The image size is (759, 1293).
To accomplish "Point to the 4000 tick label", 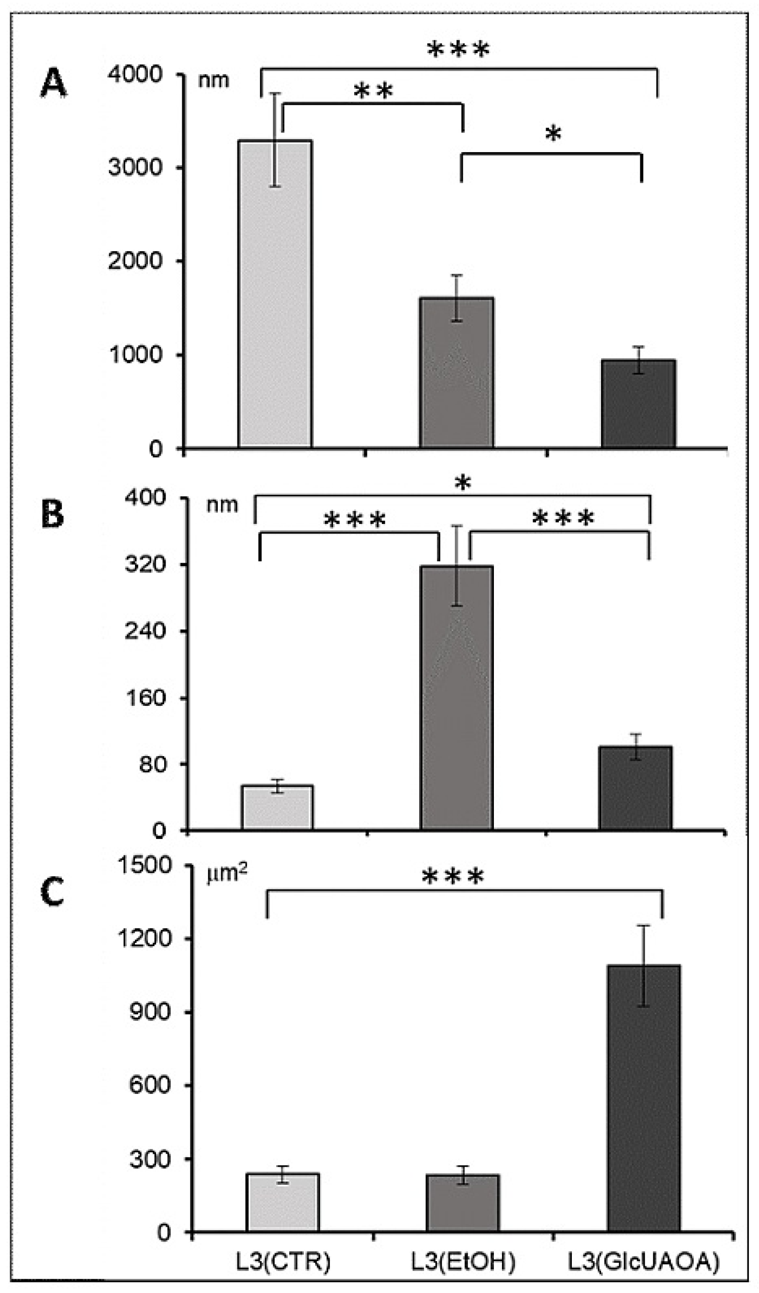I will [135, 74].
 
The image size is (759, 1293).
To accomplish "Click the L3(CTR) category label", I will [283, 1262].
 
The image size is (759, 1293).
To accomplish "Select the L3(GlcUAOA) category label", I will [644, 1262].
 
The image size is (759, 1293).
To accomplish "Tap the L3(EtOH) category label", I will [463, 1262].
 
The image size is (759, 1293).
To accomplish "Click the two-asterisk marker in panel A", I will [373, 91].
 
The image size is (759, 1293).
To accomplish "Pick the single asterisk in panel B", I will [462, 483].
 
